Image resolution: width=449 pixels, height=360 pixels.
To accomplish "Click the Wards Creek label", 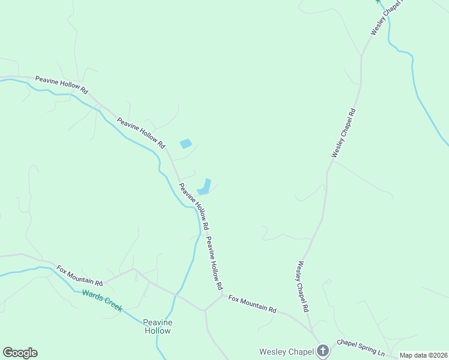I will click(x=102, y=300).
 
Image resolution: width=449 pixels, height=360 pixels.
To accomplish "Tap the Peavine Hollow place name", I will click(x=158, y=326).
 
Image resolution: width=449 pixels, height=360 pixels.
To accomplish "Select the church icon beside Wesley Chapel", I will click(x=323, y=350).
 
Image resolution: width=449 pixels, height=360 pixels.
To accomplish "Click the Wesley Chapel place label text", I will click(x=286, y=351).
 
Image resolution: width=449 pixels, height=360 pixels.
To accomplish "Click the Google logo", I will click(x=20, y=353).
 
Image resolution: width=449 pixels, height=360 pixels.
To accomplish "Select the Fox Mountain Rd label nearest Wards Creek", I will click(x=80, y=275).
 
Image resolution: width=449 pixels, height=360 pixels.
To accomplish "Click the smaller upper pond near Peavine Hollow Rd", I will click(x=185, y=143).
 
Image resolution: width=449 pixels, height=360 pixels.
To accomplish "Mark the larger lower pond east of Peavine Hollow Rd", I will click(x=205, y=187).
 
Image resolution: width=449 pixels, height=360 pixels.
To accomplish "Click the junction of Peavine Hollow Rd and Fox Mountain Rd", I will click(x=222, y=294).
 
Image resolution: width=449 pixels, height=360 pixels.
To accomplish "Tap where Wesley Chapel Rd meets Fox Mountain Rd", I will click(x=313, y=332).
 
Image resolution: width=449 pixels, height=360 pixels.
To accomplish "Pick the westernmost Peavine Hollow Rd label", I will click(x=61, y=85).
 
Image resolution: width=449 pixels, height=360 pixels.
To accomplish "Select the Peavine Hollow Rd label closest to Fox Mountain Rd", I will click(x=214, y=262).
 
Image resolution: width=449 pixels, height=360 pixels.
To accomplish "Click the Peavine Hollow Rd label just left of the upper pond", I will click(x=141, y=133).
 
